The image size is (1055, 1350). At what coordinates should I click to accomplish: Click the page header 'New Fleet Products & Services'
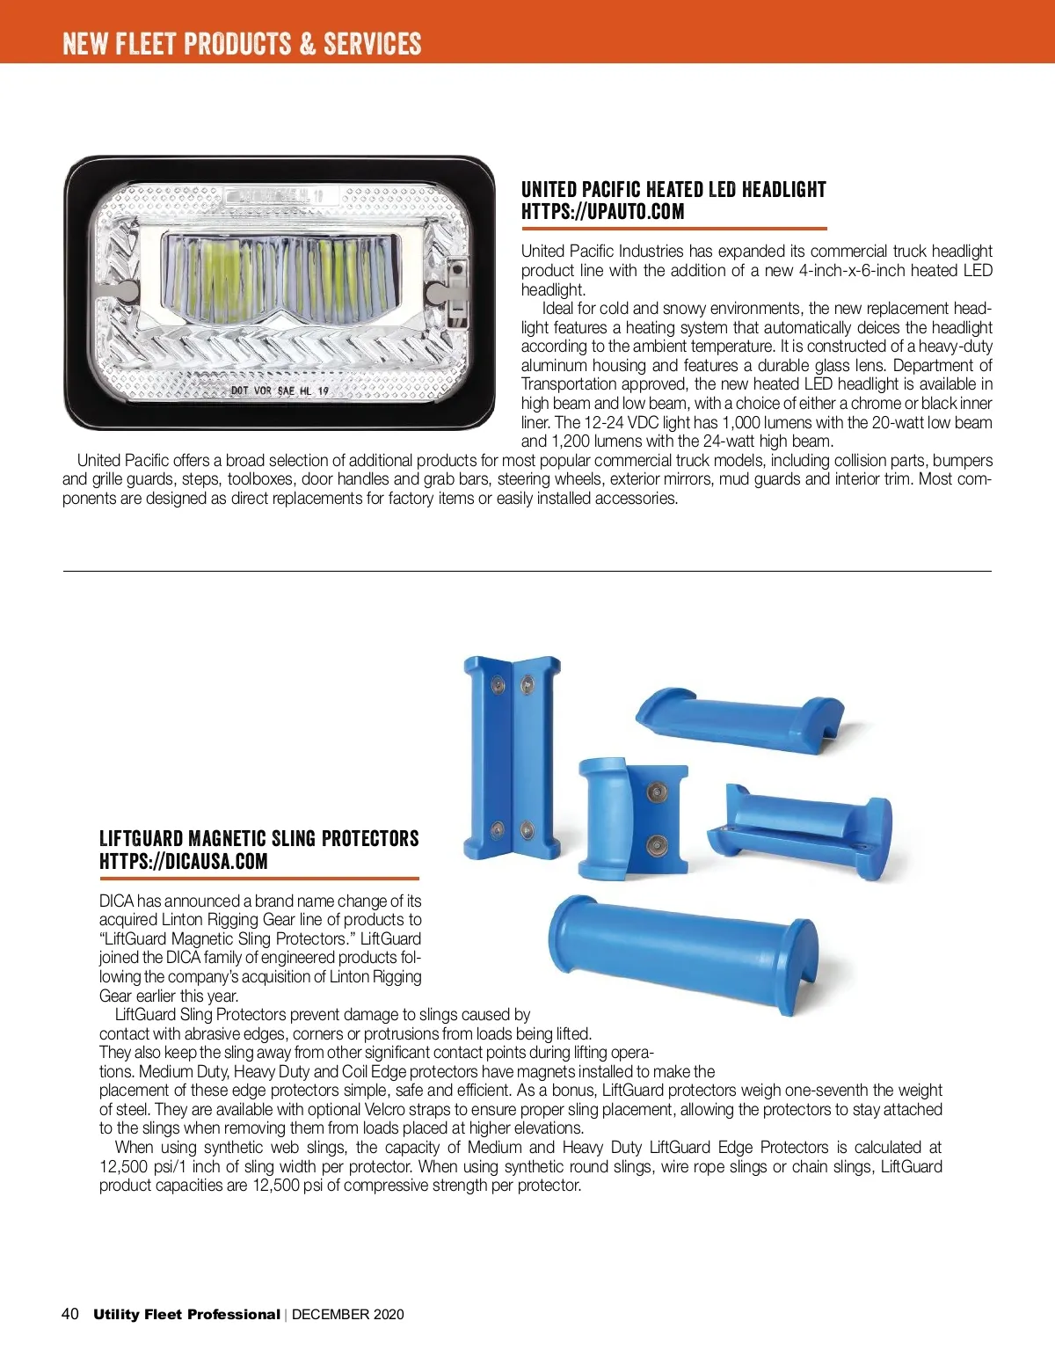click(242, 43)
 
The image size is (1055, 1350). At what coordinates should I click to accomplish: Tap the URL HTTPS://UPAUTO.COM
click(602, 212)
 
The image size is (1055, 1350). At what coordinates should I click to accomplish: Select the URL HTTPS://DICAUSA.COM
click(183, 862)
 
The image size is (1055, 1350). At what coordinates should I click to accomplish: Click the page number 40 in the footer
click(70, 1314)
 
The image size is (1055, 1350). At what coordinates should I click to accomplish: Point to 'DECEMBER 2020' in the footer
click(348, 1315)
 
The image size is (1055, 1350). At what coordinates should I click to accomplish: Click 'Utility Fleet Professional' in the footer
click(186, 1315)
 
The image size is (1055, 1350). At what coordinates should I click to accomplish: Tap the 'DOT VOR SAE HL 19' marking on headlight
click(280, 390)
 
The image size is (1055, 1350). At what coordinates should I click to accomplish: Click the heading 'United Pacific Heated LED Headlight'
click(673, 190)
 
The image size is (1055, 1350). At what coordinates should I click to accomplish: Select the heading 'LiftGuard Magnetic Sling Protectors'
click(258, 839)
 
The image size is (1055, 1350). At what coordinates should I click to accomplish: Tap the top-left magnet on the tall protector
click(498, 684)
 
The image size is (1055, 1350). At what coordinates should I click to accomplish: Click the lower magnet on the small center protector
click(656, 845)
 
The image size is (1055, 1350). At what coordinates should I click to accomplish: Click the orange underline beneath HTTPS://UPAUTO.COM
click(674, 229)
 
